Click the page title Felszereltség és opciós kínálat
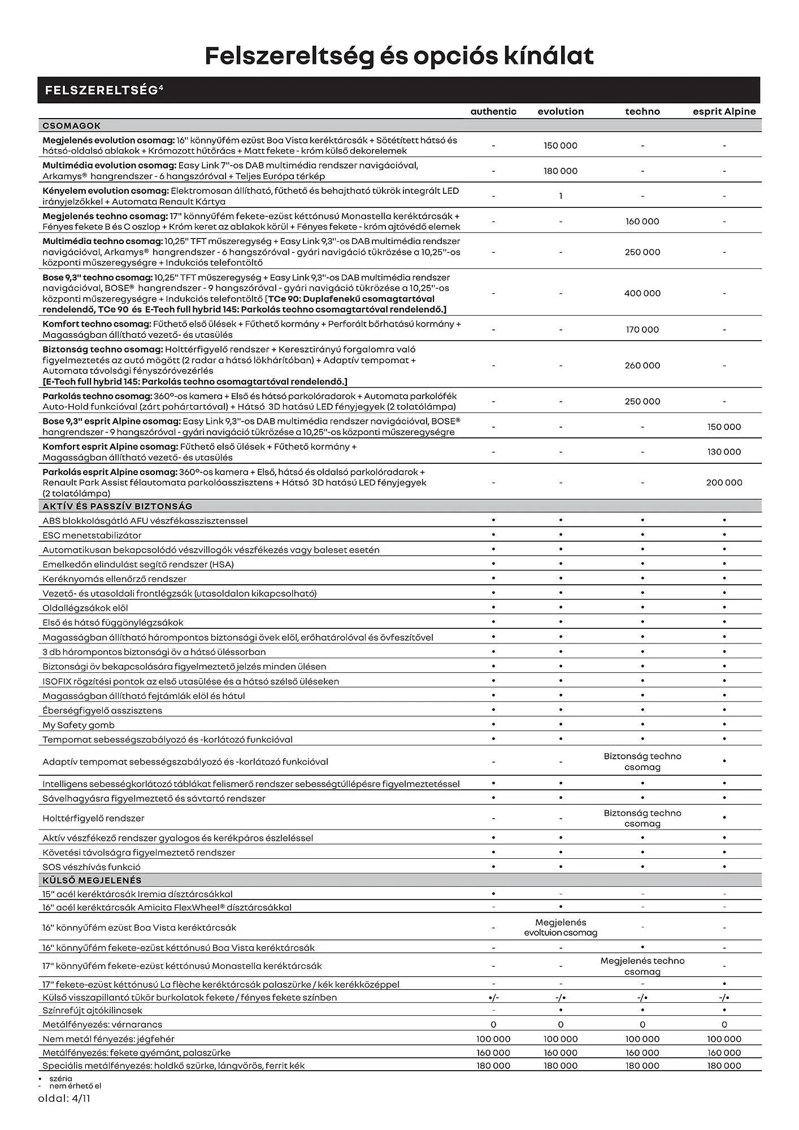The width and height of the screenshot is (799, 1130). point(399,56)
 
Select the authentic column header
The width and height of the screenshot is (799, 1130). point(493,111)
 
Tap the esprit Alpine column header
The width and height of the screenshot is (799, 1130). point(724,111)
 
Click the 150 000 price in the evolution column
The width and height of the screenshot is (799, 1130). point(561,146)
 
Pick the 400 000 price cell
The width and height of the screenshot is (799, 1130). point(642,293)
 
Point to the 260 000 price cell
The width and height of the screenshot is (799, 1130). point(642,366)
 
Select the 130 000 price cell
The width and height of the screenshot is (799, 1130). point(724,452)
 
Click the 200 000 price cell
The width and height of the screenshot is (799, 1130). point(724,483)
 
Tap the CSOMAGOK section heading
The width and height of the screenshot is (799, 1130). point(72,126)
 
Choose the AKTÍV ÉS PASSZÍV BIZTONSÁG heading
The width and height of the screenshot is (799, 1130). point(118,506)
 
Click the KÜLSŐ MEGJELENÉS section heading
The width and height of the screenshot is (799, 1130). point(92,880)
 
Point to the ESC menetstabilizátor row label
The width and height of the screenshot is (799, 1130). point(92,535)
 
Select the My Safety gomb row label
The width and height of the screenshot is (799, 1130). point(79,725)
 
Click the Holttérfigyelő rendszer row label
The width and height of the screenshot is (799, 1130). point(93,818)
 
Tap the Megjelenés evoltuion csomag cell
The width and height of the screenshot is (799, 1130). point(561,928)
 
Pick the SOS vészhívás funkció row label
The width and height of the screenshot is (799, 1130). point(92,867)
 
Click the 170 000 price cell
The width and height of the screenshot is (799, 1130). point(642,329)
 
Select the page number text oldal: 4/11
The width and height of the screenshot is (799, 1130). point(64,1099)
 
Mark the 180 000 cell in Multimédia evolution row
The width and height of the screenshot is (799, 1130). point(561,171)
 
